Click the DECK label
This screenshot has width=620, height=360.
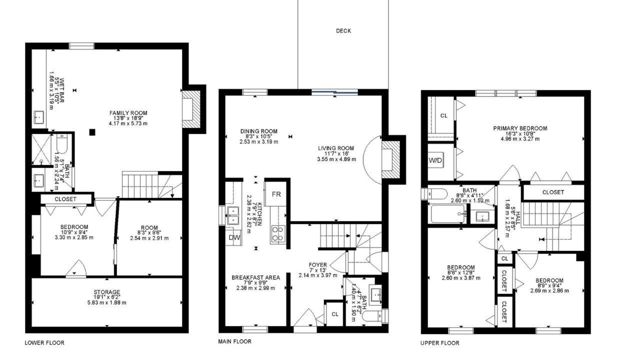click(x=343, y=30)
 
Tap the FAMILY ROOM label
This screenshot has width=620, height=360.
click(x=128, y=113)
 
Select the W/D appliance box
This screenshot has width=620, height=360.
click(x=435, y=160)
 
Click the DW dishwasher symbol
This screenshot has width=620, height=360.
click(x=234, y=237)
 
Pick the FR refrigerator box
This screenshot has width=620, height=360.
click(x=275, y=193)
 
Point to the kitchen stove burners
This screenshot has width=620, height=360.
click(x=278, y=234)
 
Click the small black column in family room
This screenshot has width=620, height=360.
click(x=92, y=132)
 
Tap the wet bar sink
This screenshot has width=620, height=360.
click(x=39, y=117)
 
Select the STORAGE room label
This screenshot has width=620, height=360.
click(x=107, y=292)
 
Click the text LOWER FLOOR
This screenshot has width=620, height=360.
click(x=44, y=343)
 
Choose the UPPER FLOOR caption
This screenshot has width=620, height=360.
click(x=440, y=343)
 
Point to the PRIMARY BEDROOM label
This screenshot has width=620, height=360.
click(x=520, y=128)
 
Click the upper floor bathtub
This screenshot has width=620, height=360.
click(x=448, y=213)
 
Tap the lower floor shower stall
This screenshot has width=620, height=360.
click(x=41, y=149)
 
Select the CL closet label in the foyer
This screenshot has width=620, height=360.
click(x=335, y=314)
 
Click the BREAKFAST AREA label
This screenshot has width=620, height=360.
click(x=256, y=277)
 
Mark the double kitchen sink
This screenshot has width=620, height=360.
click(x=233, y=215)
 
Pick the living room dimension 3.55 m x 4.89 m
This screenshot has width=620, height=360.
click(x=336, y=159)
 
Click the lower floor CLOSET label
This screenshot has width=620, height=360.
click(x=65, y=199)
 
